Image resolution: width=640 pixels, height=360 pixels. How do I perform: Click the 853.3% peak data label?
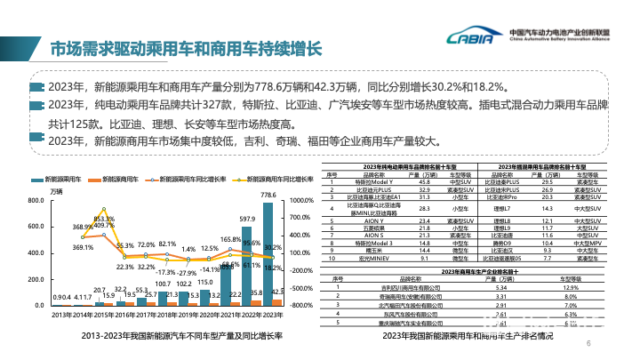[103, 219]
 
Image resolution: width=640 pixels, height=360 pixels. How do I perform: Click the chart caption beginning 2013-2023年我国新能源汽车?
[170, 336]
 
